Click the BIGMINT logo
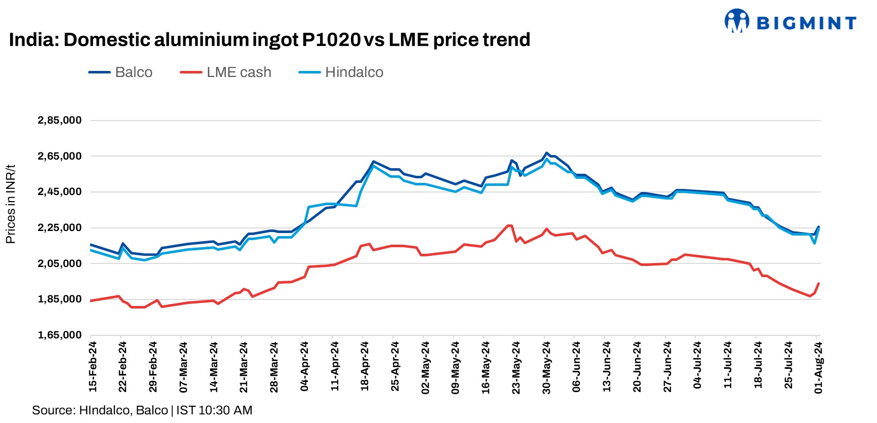pyautogui.click(x=790, y=22)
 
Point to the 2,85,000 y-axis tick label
pyautogui.click(x=59, y=121)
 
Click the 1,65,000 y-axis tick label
pyautogui.click(x=59, y=335)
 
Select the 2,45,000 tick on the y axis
pyautogui.click(x=59, y=192)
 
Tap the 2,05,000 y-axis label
pyautogui.click(x=59, y=263)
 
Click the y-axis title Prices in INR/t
pyautogui.click(x=11, y=204)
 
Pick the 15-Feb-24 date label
pyautogui.click(x=93, y=366)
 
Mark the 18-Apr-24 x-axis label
pyautogui.click(x=365, y=366)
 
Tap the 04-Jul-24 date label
pyautogui.click(x=697, y=366)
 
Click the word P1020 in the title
pyautogui.click(x=331, y=40)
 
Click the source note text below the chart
pyautogui.click(x=142, y=410)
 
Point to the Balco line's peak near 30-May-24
pyautogui.click(x=546, y=152)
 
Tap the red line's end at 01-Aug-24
pyautogui.click(x=818, y=284)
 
